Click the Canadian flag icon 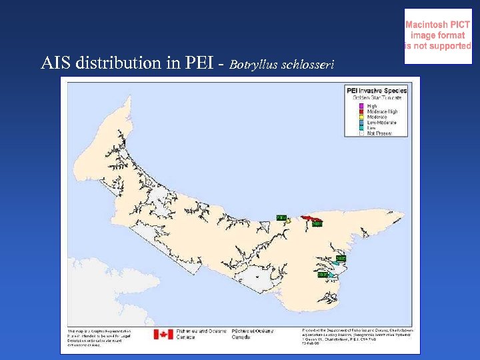pos(163,334)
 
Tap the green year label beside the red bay pos(317,224)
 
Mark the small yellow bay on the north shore pos(287,222)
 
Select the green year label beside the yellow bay pos(281,217)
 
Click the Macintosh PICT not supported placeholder pos(438,36)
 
